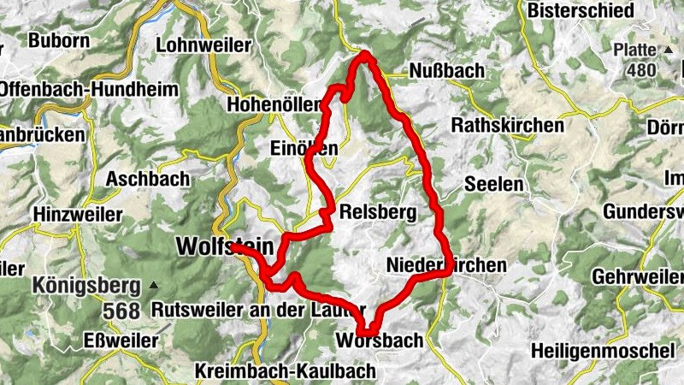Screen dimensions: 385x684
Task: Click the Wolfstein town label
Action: pos(225,246)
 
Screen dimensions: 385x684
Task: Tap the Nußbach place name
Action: pos(445,70)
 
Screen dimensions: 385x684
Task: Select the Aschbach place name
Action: pos(147,180)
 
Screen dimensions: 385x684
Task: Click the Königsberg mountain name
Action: pos(86,284)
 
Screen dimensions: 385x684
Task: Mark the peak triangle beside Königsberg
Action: pos(153,284)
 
